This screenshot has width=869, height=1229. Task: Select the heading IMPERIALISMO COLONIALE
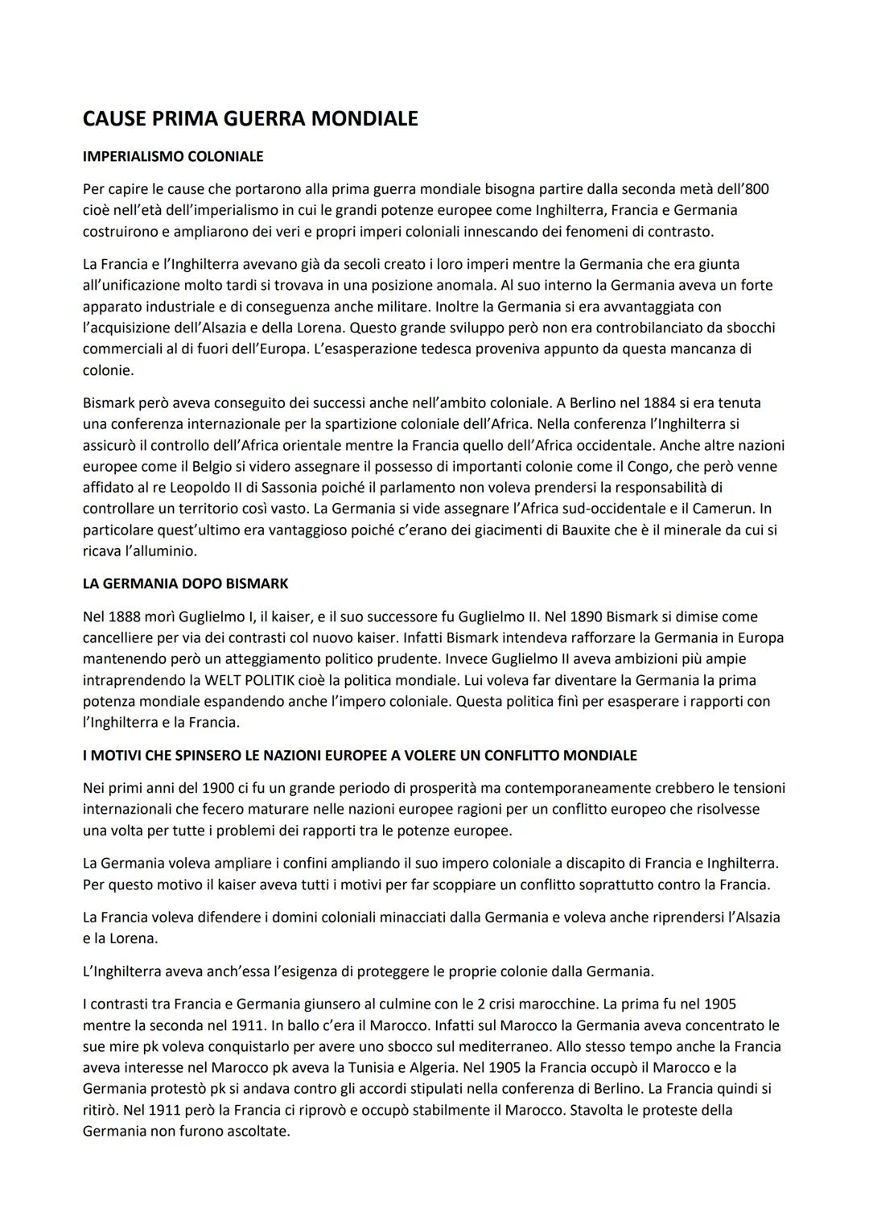[172, 156]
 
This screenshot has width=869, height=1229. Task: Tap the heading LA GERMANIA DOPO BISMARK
[185, 583]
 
